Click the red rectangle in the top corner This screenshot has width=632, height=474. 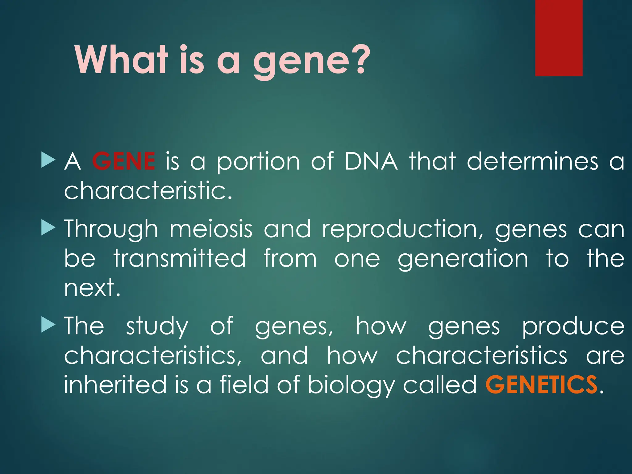(x=559, y=38)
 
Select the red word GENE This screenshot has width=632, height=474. (x=124, y=161)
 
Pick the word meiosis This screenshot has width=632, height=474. (x=211, y=229)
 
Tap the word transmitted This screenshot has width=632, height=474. (x=180, y=258)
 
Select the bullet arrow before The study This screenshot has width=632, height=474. (x=48, y=325)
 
